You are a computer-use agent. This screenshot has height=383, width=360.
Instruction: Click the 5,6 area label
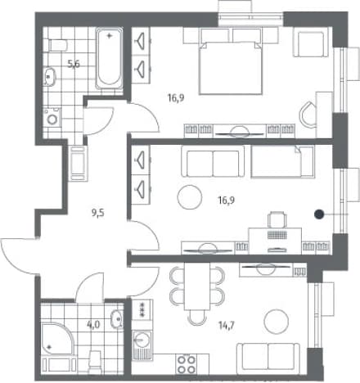[74, 64]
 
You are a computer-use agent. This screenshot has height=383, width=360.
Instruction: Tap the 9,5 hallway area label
[98, 213]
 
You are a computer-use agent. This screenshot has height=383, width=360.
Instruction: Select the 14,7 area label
[227, 325]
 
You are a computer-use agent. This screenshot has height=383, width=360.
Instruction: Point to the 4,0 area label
[93, 324]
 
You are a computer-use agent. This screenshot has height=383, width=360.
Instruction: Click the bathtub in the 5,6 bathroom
[109, 58]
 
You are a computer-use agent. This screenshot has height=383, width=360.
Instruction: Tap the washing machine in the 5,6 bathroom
[52, 117]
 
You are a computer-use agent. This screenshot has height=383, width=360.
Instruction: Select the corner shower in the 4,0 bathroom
[56, 339]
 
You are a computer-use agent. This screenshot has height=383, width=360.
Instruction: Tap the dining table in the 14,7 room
[197, 286]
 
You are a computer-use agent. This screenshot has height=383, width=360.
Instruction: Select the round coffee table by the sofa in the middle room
[190, 197]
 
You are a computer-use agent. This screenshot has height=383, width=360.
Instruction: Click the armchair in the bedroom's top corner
[311, 43]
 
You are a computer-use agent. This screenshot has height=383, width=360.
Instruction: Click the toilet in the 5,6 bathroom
[58, 45]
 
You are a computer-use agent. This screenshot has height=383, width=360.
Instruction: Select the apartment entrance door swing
[18, 256]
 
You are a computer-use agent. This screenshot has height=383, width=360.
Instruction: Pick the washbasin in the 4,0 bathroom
[117, 319]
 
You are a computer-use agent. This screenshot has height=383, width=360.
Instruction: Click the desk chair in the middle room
[277, 219]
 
